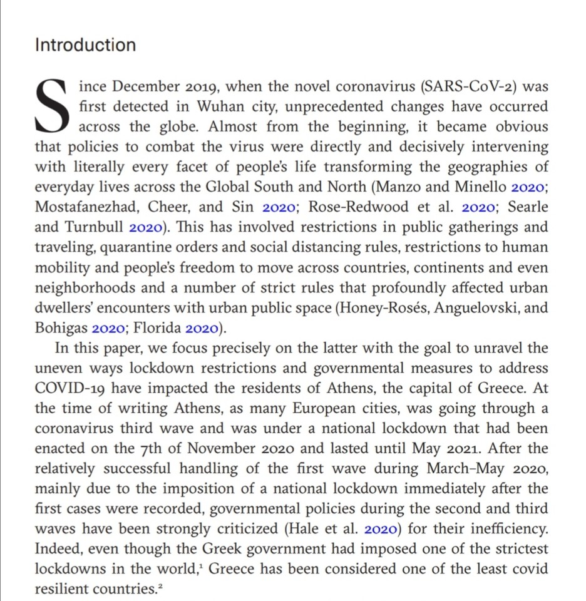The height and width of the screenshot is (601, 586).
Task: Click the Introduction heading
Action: (x=85, y=45)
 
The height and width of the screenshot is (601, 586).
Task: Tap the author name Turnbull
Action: (x=95, y=227)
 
